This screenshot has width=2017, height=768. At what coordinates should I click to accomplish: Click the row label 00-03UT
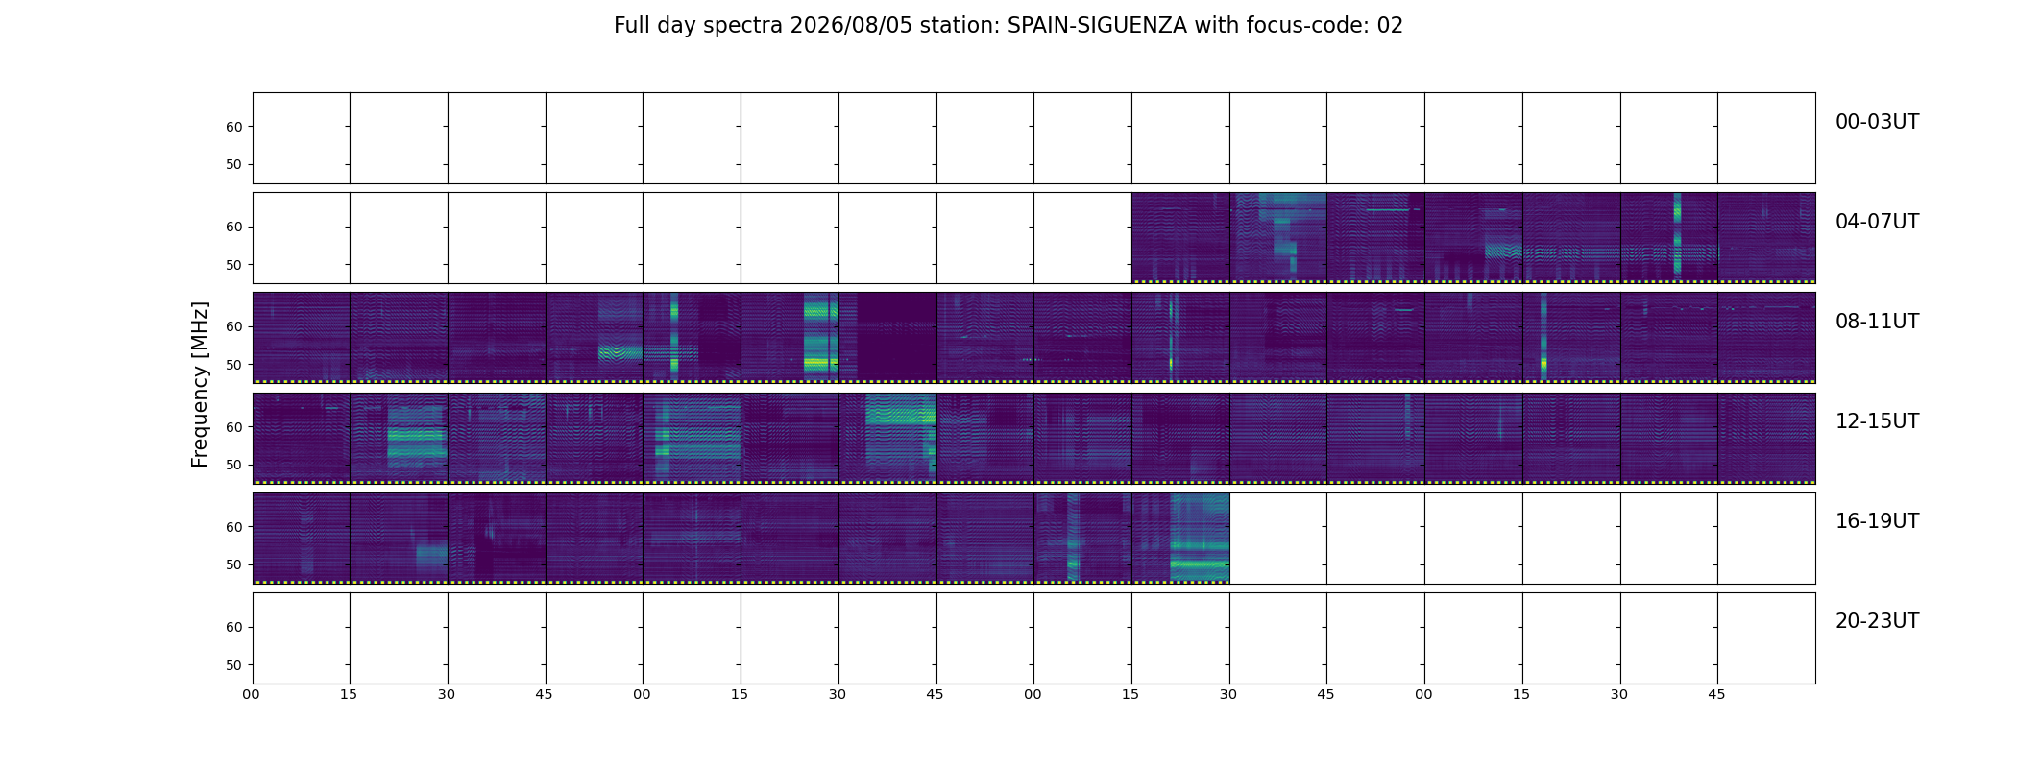tap(1877, 122)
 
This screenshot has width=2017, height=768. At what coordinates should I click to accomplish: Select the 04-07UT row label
tap(1877, 222)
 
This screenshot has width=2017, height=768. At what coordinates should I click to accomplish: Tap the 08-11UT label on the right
tap(1877, 322)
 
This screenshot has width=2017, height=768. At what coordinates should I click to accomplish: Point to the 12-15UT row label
tap(1877, 421)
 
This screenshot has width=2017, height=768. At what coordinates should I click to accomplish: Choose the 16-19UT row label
tap(1877, 521)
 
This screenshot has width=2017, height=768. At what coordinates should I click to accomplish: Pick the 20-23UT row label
tap(1877, 621)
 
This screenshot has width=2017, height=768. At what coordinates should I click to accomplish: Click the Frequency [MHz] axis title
tap(200, 385)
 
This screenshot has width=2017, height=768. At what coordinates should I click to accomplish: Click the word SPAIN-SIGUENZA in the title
tap(1097, 26)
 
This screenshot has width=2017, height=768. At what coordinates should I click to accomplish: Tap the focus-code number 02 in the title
tap(1390, 26)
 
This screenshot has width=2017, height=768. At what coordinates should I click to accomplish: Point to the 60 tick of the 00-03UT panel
tap(233, 127)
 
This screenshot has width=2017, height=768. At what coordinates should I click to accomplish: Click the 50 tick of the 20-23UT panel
tap(233, 665)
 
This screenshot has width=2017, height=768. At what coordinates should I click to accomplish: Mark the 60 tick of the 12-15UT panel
tap(233, 427)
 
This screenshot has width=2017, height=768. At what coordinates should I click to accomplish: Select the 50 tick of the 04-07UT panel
tap(233, 265)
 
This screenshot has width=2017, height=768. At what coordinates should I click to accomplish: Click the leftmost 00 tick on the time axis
tap(252, 694)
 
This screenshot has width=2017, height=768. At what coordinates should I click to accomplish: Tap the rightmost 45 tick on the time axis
tap(1717, 694)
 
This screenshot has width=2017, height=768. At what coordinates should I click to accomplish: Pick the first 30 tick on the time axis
tap(447, 694)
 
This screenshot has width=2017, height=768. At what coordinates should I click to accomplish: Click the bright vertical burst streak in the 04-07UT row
tap(1677, 234)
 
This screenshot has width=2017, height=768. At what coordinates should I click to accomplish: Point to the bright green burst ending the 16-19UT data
tap(1200, 538)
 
